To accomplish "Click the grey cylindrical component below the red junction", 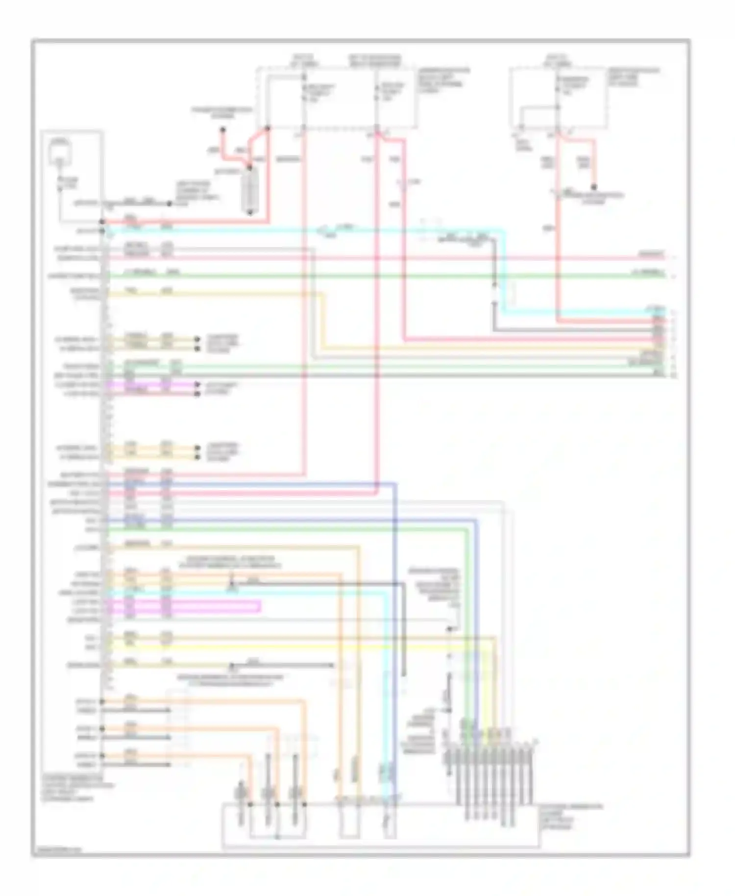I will (x=251, y=190).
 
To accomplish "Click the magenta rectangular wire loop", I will (x=186, y=606).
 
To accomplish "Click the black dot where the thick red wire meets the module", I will (x=102, y=222).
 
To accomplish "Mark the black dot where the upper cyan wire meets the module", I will (x=102, y=230).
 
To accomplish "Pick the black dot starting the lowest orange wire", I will (x=102, y=755).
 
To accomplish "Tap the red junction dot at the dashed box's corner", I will (x=268, y=129).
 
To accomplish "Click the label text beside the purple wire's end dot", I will (x=220, y=388).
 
